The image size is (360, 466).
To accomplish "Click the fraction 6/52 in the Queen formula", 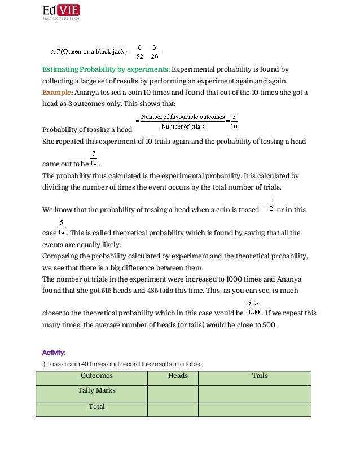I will [139, 51].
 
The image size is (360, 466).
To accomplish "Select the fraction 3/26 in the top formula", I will [154, 51].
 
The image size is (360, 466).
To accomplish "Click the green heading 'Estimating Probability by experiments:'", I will [106, 69].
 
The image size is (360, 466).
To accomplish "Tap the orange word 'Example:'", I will [57, 92].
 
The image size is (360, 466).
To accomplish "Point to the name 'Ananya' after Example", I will [87, 92].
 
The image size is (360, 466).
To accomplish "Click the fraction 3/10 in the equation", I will [234, 122].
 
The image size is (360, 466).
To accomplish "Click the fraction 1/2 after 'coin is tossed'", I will [271, 204].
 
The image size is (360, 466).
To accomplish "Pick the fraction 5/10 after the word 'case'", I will [62, 227].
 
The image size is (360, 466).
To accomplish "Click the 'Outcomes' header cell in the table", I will [96, 376].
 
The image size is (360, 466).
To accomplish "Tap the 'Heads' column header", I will [178, 376].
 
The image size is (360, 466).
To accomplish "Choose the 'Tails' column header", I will [260, 376].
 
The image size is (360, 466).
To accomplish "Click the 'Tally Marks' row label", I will [96, 390].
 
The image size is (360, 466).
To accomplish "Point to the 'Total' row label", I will [96, 406].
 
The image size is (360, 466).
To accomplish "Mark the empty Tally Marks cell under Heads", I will [173, 393].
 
